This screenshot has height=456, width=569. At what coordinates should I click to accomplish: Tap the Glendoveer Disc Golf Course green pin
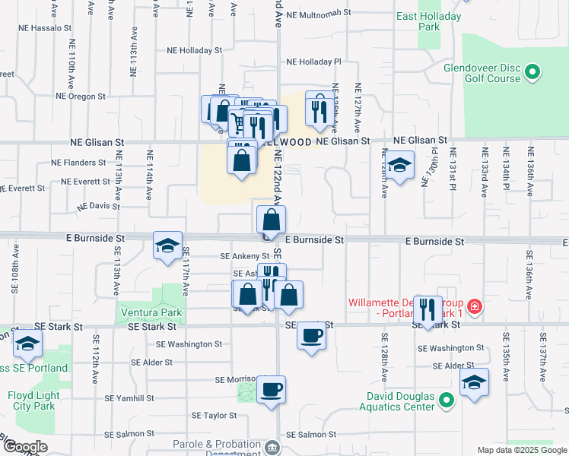pos(532,73)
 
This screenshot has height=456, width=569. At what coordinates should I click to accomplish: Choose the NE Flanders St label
pos(78,163)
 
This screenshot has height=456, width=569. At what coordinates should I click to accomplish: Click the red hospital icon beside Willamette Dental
pos(475,307)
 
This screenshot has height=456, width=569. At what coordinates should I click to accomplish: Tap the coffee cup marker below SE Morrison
pos(272,391)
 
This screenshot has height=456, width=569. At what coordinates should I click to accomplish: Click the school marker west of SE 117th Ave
pos(167,245)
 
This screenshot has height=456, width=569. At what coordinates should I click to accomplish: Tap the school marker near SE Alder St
pos(474,382)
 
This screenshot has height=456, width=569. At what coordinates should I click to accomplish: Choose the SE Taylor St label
pos(215,416)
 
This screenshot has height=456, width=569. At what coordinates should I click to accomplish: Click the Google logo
pos(24,447)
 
